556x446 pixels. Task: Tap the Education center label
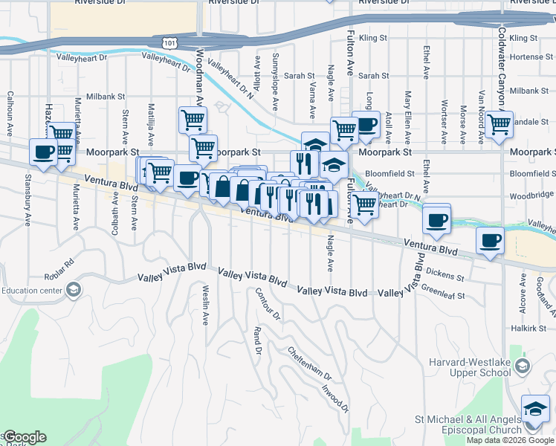pos(31,290)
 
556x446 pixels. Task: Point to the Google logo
pos(24,437)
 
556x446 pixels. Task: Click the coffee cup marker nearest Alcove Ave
pos(491,240)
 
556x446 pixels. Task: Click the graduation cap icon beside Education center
pos(73,290)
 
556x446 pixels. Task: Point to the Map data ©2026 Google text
pos(510,440)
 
